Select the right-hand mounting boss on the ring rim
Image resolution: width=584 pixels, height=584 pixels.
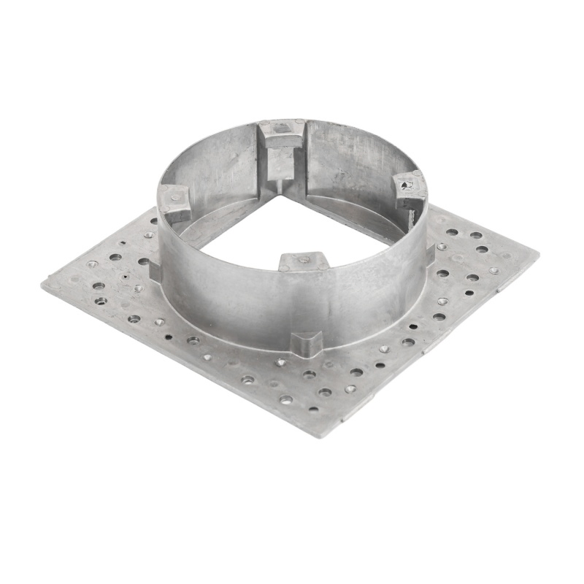[410, 188]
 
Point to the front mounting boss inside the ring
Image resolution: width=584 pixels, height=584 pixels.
[303, 260]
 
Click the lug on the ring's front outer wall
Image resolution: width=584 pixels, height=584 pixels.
[307, 342]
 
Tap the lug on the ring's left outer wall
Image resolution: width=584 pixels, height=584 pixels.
[155, 270]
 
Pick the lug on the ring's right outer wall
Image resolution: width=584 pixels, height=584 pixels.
[431, 251]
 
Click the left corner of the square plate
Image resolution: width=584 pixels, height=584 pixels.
[44, 285]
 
